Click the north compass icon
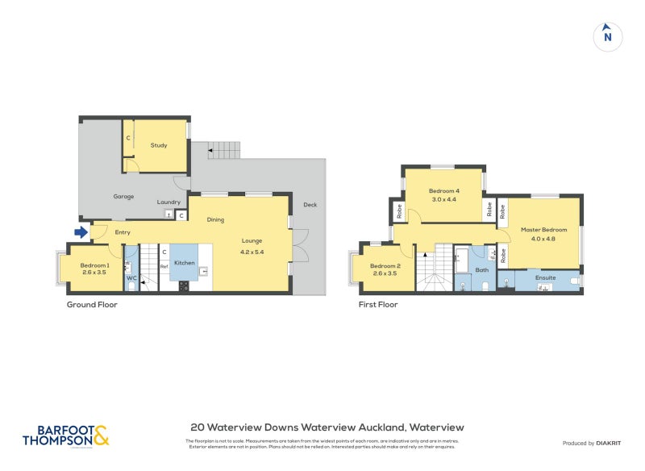coord(608,35)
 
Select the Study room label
coord(159,145)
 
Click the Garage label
coord(123,196)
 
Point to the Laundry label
coord(169,202)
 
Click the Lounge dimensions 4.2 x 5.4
coord(252,252)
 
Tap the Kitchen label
coord(185,263)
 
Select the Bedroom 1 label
coord(95,265)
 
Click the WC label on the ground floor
coord(131,277)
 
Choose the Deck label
coord(310,205)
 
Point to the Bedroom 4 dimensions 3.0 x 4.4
coord(444,199)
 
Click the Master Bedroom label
coord(543,230)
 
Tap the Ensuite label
coord(546,277)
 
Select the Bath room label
coord(482,270)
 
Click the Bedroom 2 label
coord(385,266)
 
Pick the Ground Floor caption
coord(92,305)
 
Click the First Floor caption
coord(378,305)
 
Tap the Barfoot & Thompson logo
coord(65,436)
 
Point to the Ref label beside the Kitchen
coord(164,266)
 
